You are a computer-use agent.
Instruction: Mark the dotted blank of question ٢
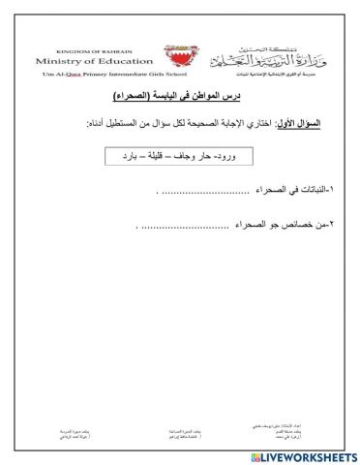[184, 229]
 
